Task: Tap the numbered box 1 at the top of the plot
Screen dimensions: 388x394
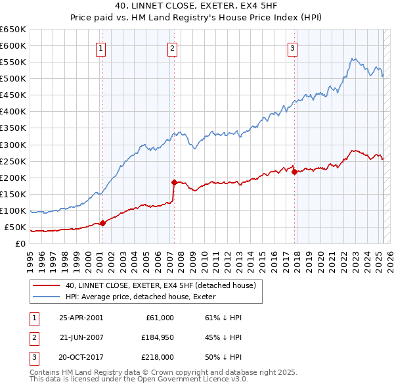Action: [x=102, y=47]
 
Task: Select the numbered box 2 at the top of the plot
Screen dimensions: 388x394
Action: [x=172, y=47]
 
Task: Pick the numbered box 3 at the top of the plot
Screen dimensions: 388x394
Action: [x=292, y=47]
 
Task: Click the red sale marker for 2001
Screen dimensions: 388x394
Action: [x=103, y=223]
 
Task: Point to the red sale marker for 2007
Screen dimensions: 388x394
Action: [x=174, y=182]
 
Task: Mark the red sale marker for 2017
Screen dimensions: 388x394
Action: [x=294, y=172]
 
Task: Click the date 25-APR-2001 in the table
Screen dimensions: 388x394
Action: [x=81, y=318]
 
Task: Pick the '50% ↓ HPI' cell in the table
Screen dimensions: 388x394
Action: [x=224, y=358]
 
